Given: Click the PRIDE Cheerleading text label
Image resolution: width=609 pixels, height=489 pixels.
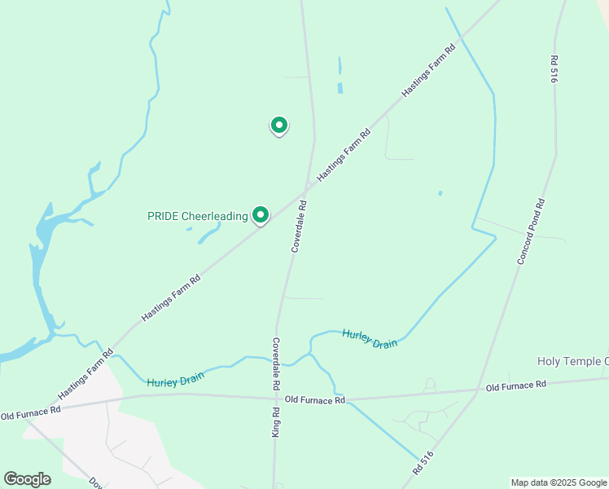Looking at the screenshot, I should pyautogui.click(x=197, y=216).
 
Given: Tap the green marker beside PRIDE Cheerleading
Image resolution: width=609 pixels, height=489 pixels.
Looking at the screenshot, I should pyautogui.click(x=261, y=215).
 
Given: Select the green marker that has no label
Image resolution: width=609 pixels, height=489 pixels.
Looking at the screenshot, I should pyautogui.click(x=279, y=126).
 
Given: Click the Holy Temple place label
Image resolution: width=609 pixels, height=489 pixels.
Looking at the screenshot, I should pyautogui.click(x=572, y=361).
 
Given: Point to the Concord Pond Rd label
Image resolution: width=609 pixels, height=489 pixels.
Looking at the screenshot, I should pyautogui.click(x=530, y=231).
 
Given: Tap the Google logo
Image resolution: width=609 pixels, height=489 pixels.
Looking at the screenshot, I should pyautogui.click(x=27, y=478).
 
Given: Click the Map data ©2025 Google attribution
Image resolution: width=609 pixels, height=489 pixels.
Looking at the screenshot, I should pyautogui.click(x=559, y=482).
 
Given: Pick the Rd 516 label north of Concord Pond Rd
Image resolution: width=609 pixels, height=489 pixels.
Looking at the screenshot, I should pyautogui.click(x=554, y=68).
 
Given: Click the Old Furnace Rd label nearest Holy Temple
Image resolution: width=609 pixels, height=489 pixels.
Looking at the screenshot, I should pyautogui.click(x=515, y=385).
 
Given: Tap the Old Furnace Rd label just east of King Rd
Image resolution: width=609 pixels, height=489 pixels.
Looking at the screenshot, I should pyautogui.click(x=316, y=400).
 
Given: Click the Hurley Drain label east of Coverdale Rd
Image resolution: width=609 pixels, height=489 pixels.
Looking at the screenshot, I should pyautogui.click(x=370, y=338).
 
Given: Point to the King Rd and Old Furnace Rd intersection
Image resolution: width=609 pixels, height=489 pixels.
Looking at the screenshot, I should pyautogui.click(x=274, y=399).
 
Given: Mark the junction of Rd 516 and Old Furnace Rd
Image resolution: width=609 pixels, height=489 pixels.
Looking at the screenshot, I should pyautogui.click(x=477, y=390).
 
